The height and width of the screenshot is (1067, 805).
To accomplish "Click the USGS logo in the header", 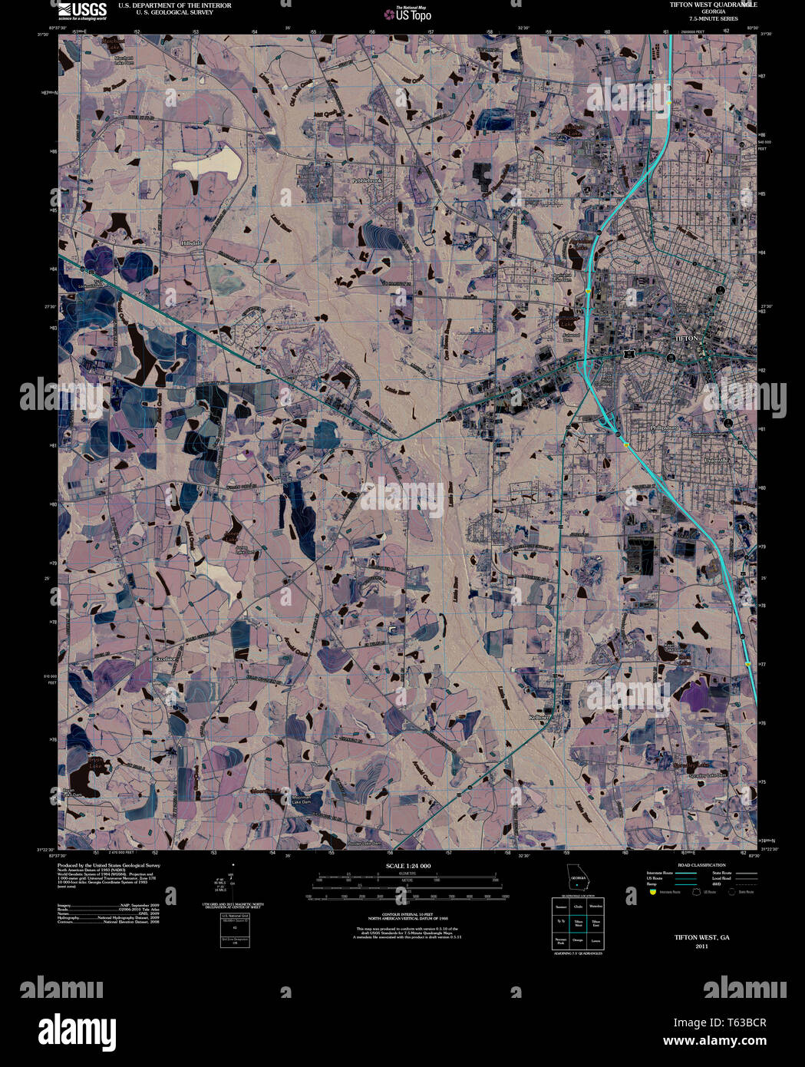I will point(82,10).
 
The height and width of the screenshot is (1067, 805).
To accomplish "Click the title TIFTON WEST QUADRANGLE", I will point(713,5).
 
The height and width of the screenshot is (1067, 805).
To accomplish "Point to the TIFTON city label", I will point(686,338).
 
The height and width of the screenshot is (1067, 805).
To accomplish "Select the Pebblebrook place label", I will point(366,180).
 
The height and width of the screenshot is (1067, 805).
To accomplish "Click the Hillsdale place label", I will point(191,243).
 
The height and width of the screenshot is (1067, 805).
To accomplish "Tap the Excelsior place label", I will point(166,659).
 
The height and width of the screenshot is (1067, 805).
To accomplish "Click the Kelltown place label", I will point(540,717).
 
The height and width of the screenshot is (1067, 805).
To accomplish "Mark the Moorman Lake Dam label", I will point(301,800).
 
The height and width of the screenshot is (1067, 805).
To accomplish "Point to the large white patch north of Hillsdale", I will point(207,162).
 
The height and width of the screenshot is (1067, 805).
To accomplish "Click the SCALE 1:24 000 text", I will point(407,866).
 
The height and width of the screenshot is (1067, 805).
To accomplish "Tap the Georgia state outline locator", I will point(577,877).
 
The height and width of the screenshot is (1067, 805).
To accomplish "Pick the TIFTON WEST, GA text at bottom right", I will point(701,937).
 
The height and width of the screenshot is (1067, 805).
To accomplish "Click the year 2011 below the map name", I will point(701,946).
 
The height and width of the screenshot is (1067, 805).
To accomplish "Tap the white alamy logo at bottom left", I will point(77,1030).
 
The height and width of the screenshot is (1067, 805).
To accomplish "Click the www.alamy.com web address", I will point(714,1042).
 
